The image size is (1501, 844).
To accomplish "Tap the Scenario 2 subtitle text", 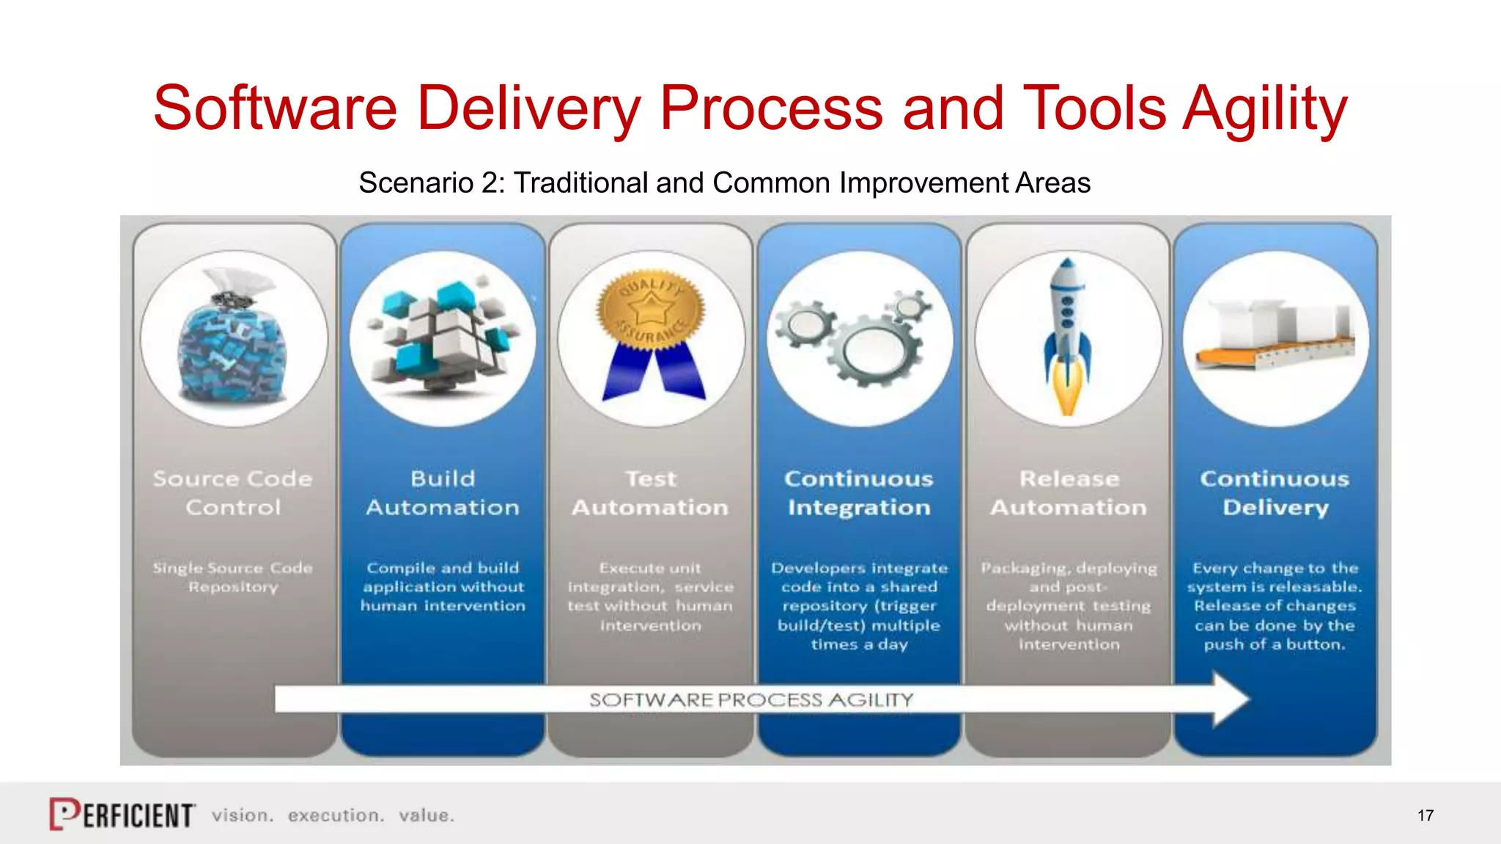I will tap(724, 182).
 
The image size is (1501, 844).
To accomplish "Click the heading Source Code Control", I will tap(233, 492).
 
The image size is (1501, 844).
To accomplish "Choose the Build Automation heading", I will tap(443, 492).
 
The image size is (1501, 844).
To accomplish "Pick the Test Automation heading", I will tap(650, 492).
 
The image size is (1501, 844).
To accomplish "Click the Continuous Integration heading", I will tap(859, 492).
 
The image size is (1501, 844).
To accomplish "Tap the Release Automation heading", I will tap(1069, 492).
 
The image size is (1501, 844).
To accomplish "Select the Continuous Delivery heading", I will tap(1275, 492).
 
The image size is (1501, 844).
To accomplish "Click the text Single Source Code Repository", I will tap(233, 577).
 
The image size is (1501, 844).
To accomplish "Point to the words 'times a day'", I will tap(859, 645).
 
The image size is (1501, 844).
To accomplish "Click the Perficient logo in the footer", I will tap(122, 814).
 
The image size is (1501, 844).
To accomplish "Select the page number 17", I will tap(1425, 815).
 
